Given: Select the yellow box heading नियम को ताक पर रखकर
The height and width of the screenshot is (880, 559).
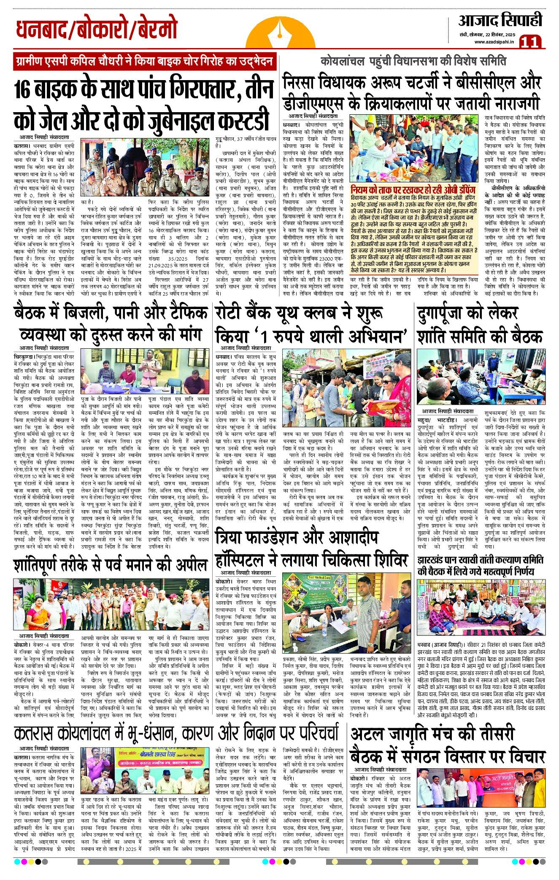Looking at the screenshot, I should click(413, 190).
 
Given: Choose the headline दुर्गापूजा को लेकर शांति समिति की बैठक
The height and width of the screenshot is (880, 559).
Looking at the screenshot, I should click(480, 325).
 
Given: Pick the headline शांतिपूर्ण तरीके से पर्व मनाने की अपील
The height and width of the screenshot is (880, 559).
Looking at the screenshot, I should click(111, 565).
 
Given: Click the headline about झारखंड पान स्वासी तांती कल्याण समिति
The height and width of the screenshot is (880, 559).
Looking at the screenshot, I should click(481, 565).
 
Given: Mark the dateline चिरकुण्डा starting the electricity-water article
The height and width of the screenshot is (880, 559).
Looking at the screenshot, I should click(27, 356).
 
